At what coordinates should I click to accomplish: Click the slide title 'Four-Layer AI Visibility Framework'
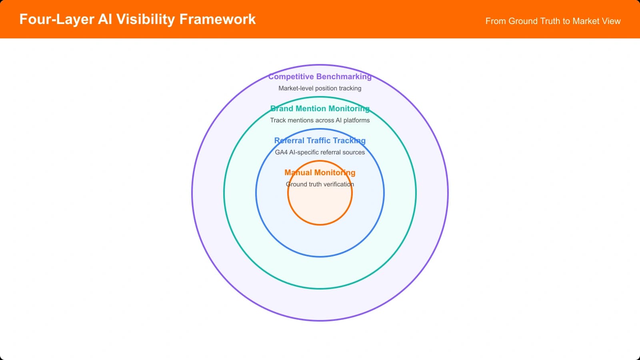137,19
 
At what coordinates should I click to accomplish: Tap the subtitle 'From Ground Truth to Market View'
553,21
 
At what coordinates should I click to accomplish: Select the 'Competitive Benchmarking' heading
320,76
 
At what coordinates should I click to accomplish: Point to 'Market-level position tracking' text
320,88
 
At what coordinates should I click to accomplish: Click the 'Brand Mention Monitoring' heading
320,108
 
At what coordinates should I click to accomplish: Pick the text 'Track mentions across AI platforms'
320,120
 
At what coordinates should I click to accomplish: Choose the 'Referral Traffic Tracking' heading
320,140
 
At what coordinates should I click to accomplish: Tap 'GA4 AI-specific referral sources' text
320,152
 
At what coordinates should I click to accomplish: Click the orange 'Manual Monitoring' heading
320,172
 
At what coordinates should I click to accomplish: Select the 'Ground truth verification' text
320,184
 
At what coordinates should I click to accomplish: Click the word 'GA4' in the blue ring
281,152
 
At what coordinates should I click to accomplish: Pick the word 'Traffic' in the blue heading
318,140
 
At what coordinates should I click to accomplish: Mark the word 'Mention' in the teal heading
310,108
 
